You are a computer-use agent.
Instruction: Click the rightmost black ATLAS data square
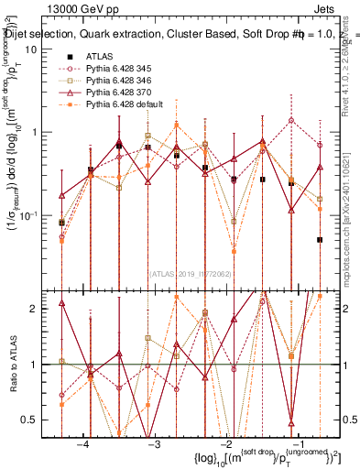pos(320,240)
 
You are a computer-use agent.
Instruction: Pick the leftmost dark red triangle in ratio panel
pos(61,303)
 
